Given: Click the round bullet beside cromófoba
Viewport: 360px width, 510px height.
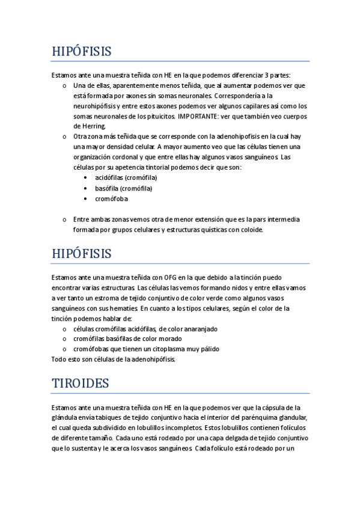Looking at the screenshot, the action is pos(87,198).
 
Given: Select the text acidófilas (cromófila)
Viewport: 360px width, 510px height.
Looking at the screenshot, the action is pos(126,177).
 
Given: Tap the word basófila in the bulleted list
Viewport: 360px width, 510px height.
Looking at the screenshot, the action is pos(107,188).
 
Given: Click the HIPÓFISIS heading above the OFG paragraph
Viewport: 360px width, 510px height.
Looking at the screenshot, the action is pos(82,253).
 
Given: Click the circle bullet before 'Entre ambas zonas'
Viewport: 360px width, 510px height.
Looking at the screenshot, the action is pos(64,220).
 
